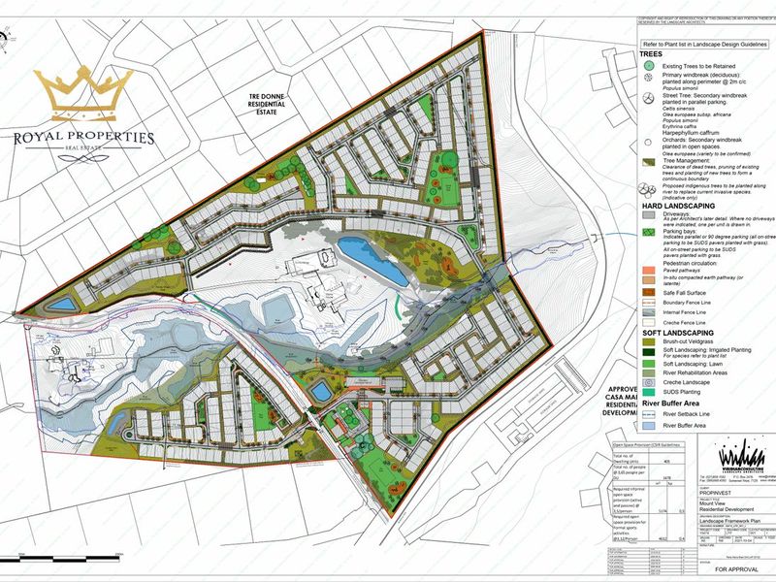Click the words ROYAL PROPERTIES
click(82, 138)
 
